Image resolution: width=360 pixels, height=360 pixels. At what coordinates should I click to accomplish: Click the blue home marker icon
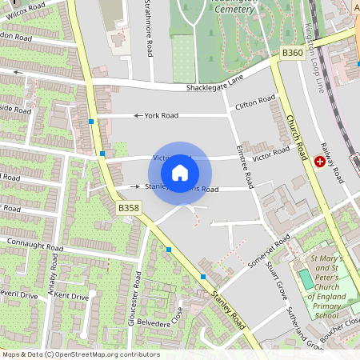[x=180, y=172]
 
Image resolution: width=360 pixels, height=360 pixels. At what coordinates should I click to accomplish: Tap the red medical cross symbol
[x=321, y=162]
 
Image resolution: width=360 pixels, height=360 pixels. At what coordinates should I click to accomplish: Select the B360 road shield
[x=293, y=53]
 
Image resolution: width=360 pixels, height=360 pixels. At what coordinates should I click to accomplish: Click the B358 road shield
[x=128, y=208]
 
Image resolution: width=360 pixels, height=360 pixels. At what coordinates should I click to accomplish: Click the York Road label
[x=161, y=115]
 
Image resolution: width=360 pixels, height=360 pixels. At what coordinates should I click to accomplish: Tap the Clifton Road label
[x=255, y=103]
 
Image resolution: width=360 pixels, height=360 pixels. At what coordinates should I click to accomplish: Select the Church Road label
[x=296, y=136]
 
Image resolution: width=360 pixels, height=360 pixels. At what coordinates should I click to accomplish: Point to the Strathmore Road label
[x=149, y=29]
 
